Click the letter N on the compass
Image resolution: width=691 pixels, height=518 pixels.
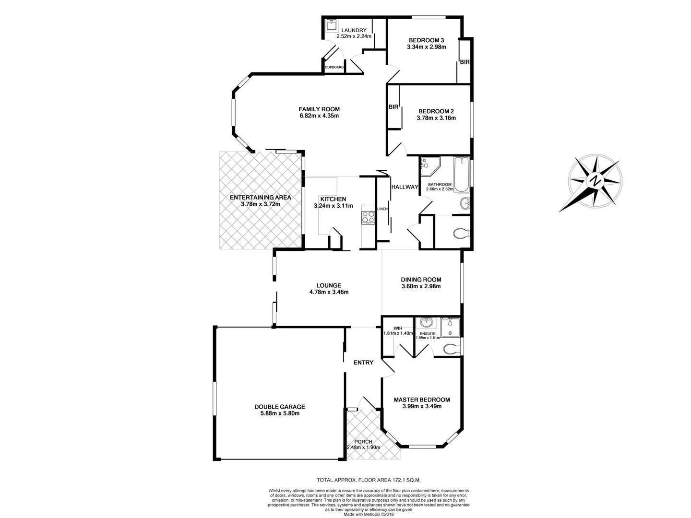click(596, 181)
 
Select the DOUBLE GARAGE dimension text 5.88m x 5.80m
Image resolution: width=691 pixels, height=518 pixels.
click(279, 413)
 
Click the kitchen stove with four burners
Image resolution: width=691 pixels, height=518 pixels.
click(368, 217)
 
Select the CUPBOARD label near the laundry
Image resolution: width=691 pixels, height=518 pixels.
click(334, 67)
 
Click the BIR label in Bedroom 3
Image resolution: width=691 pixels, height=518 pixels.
click(465, 62)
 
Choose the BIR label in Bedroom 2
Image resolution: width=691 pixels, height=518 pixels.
click(393, 107)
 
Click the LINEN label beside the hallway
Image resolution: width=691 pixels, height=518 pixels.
click(382, 209)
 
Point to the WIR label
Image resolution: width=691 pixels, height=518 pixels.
click(398, 328)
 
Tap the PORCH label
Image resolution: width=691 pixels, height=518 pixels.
click(363, 442)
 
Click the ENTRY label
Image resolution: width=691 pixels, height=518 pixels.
click(363, 363)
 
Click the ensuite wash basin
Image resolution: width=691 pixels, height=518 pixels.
click(425, 322)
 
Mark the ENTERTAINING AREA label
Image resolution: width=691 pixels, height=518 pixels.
click(260, 197)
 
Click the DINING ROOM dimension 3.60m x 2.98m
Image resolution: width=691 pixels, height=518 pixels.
click(421, 286)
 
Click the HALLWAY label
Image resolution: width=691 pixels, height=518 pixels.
click(405, 187)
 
